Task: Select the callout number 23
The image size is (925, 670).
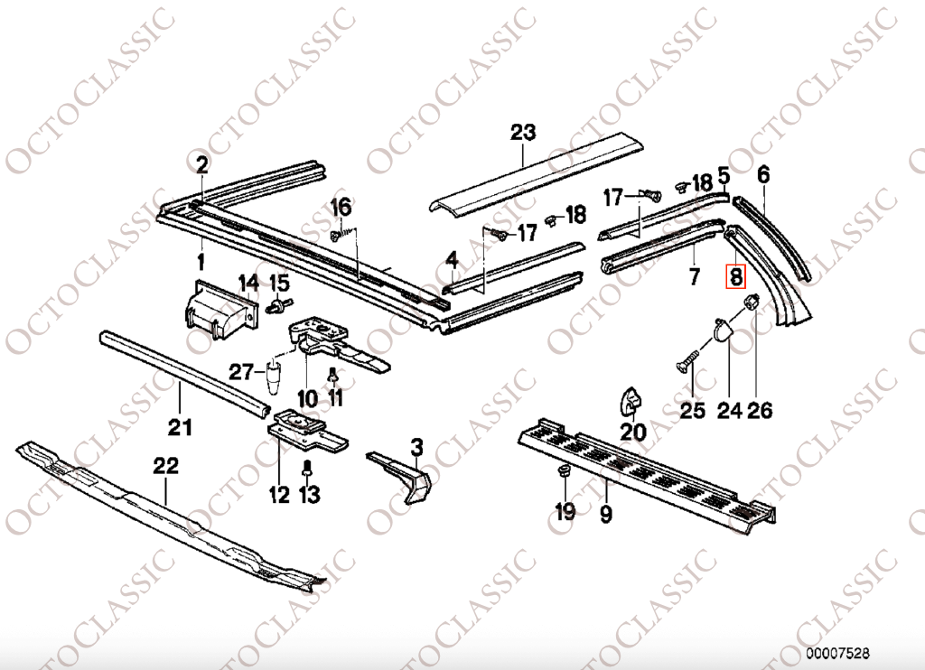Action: point(522,133)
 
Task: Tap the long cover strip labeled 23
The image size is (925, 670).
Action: point(533,176)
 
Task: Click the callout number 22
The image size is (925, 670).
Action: point(166,466)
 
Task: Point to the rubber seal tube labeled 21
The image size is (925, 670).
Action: point(181,370)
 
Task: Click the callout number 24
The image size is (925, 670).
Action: point(729,411)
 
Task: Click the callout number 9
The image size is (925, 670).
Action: point(605,515)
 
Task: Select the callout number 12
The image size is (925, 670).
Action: point(278,494)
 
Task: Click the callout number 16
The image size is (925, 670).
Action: point(340,207)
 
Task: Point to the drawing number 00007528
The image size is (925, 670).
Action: point(838,652)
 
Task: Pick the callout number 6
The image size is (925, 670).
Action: point(763,174)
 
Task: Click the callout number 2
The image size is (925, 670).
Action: point(201,164)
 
